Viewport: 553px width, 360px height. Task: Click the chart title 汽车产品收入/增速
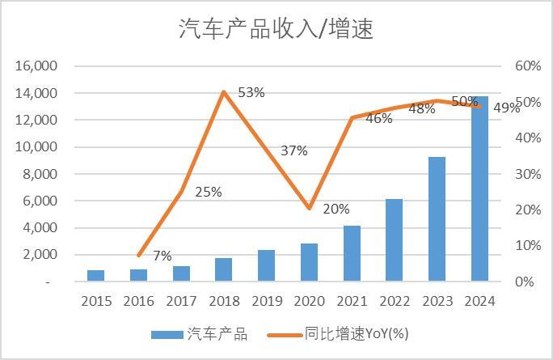tap(276, 29)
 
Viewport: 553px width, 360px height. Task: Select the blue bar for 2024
tap(479, 189)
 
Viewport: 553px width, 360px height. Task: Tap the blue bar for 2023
tap(437, 219)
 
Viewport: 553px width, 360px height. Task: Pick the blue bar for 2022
tap(394, 240)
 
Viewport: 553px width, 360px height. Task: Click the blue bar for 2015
tap(96, 276)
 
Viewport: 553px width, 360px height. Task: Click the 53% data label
tap(251, 92)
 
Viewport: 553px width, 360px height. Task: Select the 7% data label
tap(162, 256)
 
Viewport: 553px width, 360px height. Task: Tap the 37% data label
tap(294, 150)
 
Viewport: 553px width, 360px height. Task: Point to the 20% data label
tap(336, 209)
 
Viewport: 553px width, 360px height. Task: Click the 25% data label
tap(209, 192)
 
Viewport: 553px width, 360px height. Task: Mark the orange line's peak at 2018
tap(223, 91)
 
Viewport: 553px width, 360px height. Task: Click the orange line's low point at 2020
tap(309, 209)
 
